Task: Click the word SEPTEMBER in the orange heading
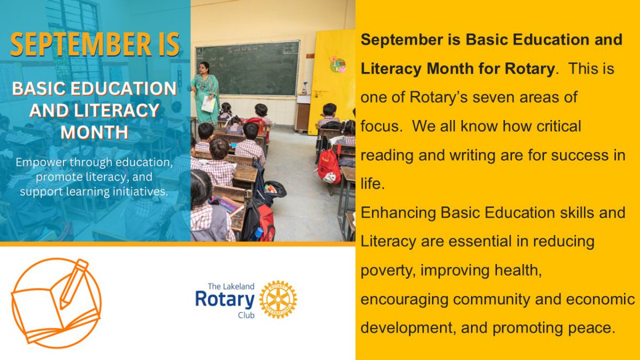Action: click(x=81, y=44)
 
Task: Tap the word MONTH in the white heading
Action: click(x=94, y=132)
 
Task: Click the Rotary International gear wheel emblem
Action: click(x=278, y=299)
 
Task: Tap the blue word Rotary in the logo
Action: click(x=225, y=299)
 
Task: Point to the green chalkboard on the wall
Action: click(x=247, y=68)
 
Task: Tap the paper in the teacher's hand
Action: click(x=209, y=104)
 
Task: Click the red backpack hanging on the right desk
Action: click(x=329, y=166)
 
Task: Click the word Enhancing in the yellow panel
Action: click(x=398, y=213)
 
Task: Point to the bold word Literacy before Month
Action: click(x=391, y=69)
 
